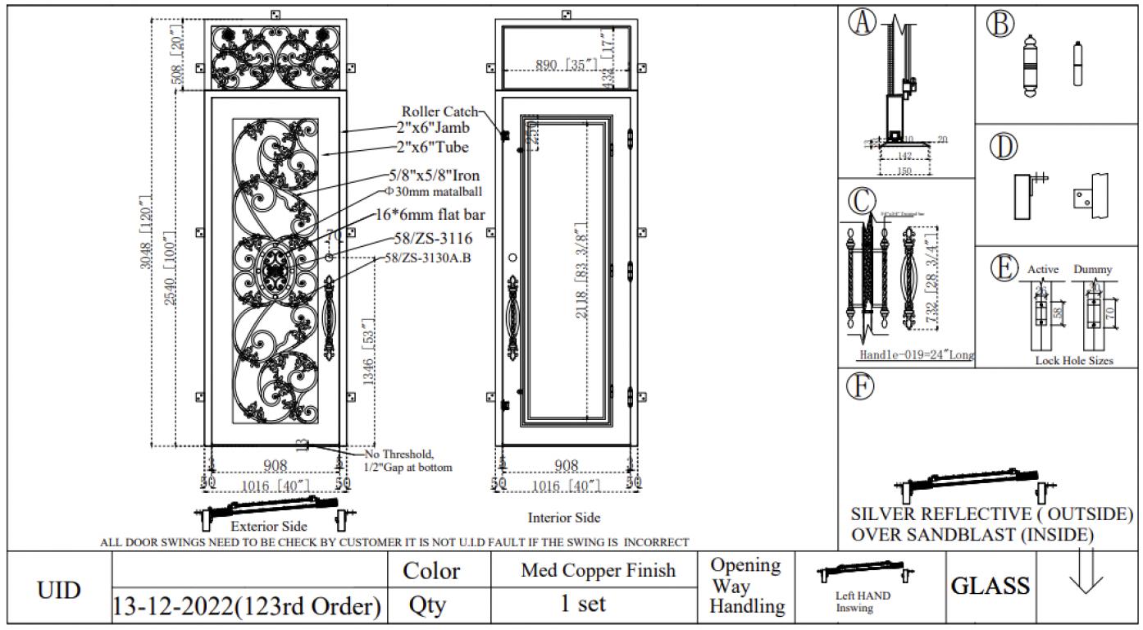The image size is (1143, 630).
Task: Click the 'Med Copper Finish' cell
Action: tap(599, 570)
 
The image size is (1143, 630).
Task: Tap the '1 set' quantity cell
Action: tap(583, 604)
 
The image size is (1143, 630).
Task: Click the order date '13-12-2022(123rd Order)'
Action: tap(247, 607)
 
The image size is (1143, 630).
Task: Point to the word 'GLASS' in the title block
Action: tap(990, 586)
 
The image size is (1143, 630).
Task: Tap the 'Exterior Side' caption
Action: tap(269, 526)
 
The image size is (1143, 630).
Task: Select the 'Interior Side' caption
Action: tap(564, 518)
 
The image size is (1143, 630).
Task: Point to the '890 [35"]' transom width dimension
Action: tap(567, 66)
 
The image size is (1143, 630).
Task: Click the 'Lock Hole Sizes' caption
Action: tap(1073, 361)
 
